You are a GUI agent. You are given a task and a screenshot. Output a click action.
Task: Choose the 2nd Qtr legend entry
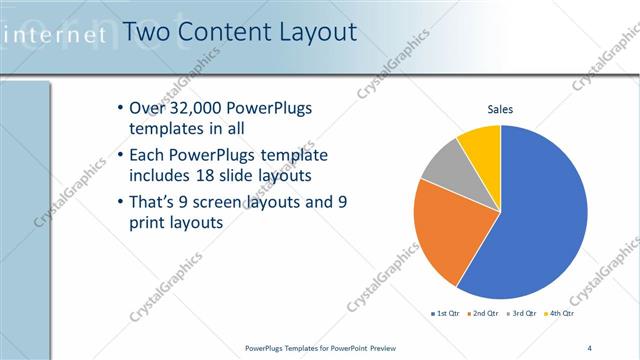pos(483,314)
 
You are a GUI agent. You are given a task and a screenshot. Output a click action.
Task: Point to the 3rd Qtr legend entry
pos(522,314)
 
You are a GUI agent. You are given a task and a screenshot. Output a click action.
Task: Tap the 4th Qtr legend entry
pos(561,314)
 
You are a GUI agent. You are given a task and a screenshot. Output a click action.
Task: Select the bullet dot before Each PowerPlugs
pos(121,155)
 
